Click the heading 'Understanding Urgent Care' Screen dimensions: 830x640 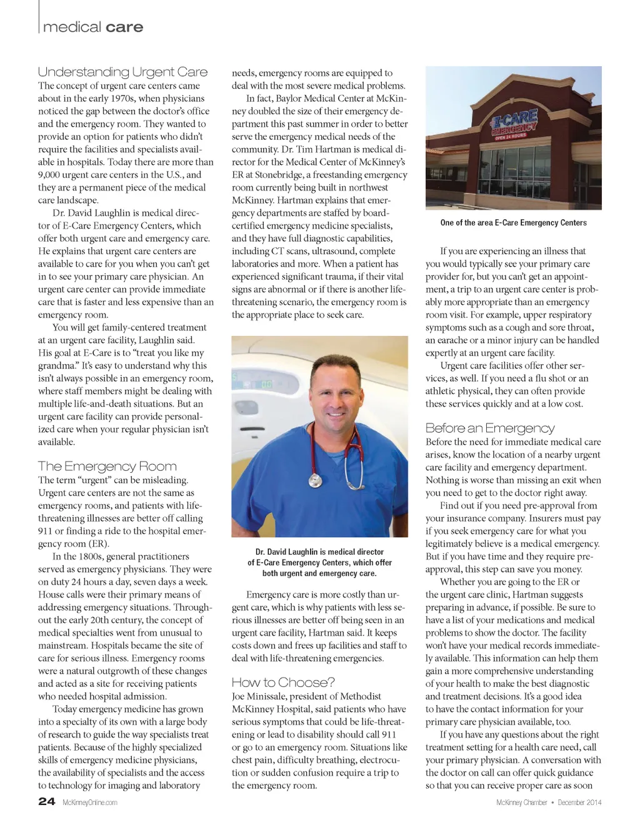pyautogui.click(x=122, y=72)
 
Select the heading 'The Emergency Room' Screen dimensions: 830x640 pyautogui.click(x=107, y=466)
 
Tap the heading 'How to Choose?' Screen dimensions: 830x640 pyautogui.click(x=283, y=682)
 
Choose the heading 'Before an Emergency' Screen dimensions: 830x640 pyautogui.click(x=489, y=428)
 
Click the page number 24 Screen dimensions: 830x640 pyautogui.click(x=46, y=801)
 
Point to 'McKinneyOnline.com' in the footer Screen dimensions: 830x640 pyautogui.click(x=90, y=803)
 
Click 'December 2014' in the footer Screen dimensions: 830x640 pyautogui.click(x=579, y=803)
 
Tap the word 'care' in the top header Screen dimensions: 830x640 pyautogui.click(x=124, y=27)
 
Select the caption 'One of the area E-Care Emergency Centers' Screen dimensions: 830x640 pyautogui.click(x=513, y=222)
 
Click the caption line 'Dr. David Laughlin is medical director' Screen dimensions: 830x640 pyautogui.click(x=319, y=552)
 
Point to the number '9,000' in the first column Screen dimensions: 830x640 pyautogui.click(x=49, y=175)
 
